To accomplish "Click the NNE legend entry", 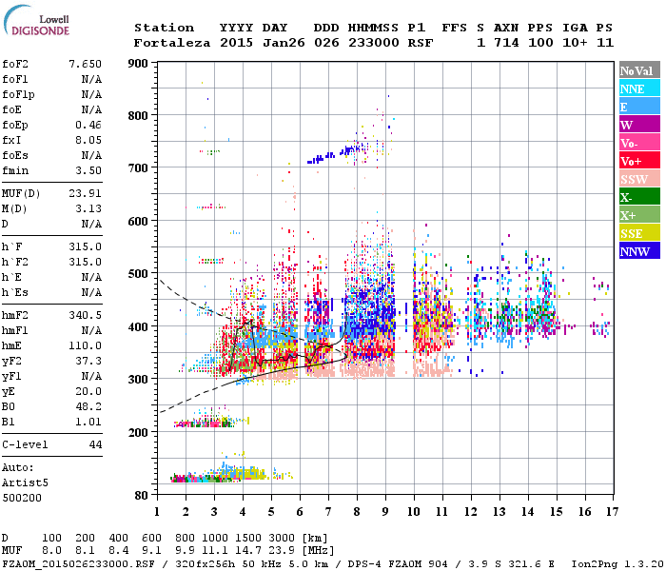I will pyautogui.click(x=637, y=89).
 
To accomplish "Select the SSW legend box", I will pyautogui.click(x=637, y=179).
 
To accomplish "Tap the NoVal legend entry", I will pyautogui.click(x=637, y=70).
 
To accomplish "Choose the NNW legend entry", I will pyautogui.click(x=637, y=251).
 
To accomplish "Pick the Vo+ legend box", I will pyautogui.click(x=637, y=161).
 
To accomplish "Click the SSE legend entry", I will pyautogui.click(x=637, y=233).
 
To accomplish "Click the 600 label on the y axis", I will pyautogui.click(x=138, y=221).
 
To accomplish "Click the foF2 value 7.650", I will pyautogui.click(x=85, y=63).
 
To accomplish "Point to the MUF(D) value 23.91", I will pyautogui.click(x=85, y=194).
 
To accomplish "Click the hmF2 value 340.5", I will pyautogui.click(x=85, y=314).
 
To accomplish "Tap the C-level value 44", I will pyautogui.click(x=94, y=444).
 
